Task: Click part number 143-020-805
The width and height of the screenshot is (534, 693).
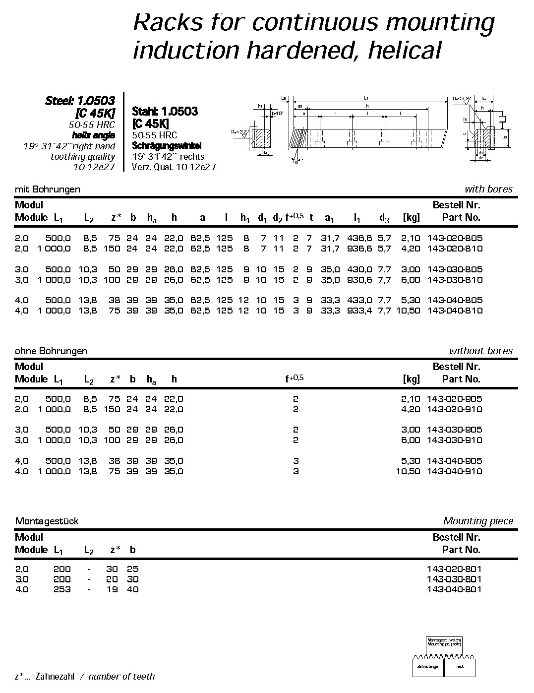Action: pos(454,238)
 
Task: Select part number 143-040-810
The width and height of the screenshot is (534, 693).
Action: pos(454,311)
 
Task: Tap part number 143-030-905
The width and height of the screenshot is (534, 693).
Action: pos(454,430)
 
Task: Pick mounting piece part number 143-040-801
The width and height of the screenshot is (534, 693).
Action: pos(454,590)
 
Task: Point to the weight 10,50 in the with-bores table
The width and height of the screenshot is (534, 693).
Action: pos(408,311)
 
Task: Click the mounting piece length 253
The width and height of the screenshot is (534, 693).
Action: pos(62,590)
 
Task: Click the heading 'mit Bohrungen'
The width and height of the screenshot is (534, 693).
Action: pos(48,189)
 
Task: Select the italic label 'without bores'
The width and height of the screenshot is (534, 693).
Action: pos(481,351)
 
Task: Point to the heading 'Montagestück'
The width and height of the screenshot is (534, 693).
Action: pos(47,521)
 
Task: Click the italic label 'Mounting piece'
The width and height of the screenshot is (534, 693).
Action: pos(478,521)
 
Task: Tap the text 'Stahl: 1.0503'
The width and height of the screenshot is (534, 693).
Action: pos(165,111)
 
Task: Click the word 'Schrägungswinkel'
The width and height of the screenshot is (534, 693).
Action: pos(167,146)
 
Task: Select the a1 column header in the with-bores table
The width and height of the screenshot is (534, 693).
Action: pos(330,218)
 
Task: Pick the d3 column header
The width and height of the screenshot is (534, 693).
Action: pos(384,218)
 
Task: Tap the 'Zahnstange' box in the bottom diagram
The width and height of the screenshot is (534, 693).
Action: pos(427,666)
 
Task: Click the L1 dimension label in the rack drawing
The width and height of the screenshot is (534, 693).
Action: pos(366,98)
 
